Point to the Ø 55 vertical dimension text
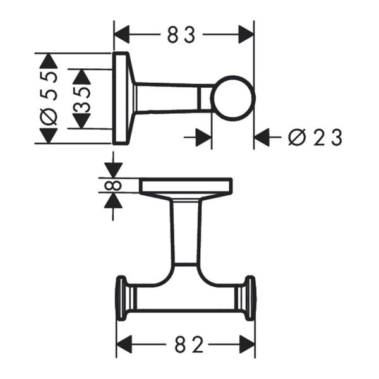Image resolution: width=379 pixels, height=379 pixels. point(49,98)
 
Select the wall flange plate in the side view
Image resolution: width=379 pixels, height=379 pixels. point(121,99)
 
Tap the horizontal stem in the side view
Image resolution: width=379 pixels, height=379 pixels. point(171,99)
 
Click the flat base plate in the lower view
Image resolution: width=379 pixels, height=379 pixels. point(186,186)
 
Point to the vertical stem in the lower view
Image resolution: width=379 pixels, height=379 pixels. point(185,231)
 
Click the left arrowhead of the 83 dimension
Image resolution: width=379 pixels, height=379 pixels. point(122,35)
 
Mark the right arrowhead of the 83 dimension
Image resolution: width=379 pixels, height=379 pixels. point(246,35)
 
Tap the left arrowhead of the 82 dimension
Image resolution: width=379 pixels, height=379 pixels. point(124,346)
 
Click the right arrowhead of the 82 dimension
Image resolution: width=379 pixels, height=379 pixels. point(247,346)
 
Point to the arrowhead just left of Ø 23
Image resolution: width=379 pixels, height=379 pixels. point(263,137)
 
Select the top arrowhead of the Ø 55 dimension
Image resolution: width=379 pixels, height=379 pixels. point(48,61)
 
